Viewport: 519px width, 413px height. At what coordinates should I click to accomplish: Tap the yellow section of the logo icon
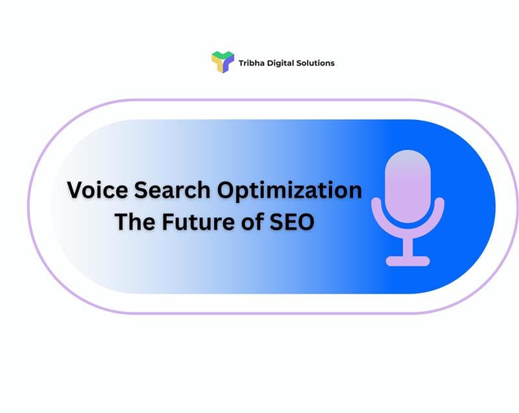(x=216, y=64)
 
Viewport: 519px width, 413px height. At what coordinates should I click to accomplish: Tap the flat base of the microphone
(x=407, y=261)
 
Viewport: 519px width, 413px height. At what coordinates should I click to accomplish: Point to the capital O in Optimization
(x=226, y=191)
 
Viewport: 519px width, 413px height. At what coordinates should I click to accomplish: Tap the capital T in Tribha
(x=241, y=63)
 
